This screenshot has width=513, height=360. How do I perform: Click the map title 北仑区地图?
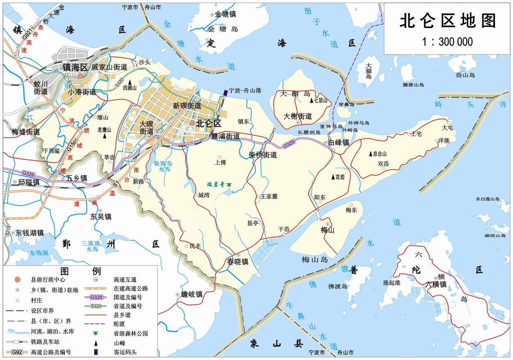[448, 21]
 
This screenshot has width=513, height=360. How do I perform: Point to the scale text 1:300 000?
[448, 42]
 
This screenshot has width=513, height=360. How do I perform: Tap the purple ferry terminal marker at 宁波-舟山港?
[225, 92]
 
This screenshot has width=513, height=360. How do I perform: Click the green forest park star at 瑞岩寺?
[229, 184]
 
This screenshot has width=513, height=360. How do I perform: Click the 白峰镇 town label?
[339, 143]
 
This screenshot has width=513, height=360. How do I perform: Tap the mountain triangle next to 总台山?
[371, 153]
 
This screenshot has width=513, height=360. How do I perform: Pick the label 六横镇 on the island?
[436, 284]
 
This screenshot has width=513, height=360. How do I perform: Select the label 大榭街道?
[298, 116]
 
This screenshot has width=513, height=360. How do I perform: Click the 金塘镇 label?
[225, 14]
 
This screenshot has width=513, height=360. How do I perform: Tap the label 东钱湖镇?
[29, 233]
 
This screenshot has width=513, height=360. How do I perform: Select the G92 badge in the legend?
[16, 352]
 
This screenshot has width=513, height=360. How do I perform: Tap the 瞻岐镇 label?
[191, 295]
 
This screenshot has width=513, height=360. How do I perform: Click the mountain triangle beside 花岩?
[333, 177]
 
